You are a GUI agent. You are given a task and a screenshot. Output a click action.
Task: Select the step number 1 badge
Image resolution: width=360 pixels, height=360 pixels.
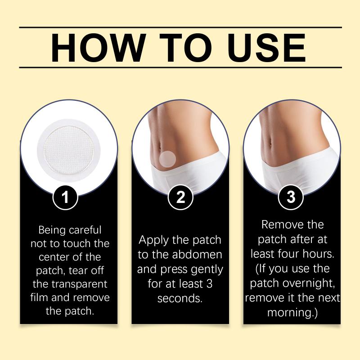tap(65, 197)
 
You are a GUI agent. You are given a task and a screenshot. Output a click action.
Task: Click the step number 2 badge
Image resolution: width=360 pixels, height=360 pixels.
tap(180, 197)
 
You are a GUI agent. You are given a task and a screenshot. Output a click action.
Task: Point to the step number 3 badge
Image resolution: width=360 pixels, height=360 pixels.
tap(291, 197)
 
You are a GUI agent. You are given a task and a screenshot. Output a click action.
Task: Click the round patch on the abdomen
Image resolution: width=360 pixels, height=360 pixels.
tap(167, 159)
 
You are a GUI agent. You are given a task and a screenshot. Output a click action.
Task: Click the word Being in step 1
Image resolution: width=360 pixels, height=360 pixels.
tap(52, 230)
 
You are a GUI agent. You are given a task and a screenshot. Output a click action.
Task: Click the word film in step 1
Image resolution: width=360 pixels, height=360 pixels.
tap(39, 297)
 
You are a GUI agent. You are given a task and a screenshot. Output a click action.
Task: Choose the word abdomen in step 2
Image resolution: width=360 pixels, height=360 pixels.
tap(197, 255)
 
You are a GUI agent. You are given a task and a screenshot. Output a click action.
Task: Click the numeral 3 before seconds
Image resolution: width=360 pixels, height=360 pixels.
tap(209, 284)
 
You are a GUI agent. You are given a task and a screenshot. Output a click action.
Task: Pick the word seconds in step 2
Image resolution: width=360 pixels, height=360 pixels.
tap(180, 298)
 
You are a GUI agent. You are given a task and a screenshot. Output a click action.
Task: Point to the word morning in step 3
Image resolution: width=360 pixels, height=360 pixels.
tap(290, 313)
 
